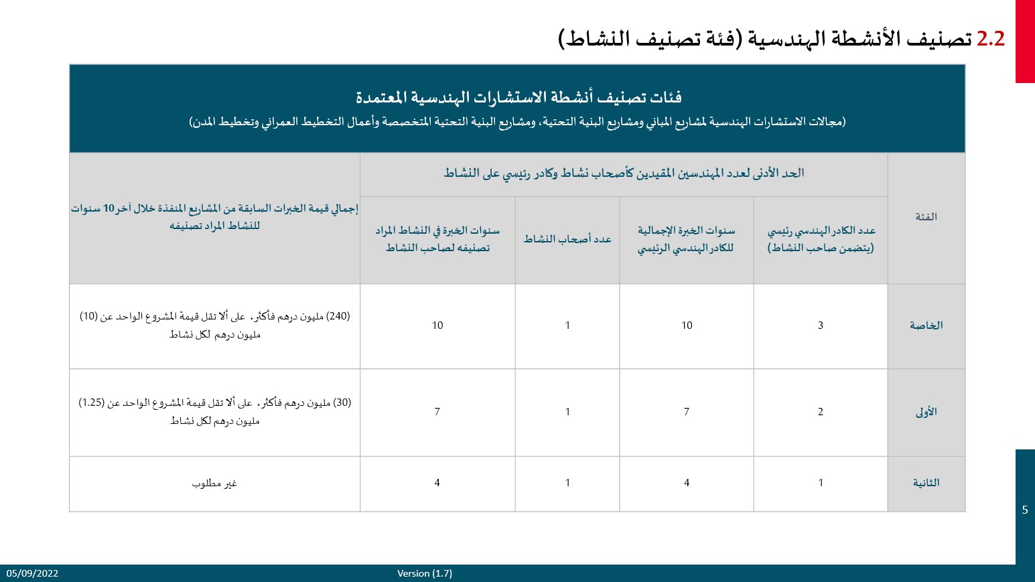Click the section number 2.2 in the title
coord(991,39)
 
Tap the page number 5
coord(1025,510)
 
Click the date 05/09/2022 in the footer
coord(32,573)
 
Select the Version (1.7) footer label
coord(425,573)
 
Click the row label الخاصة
coord(926,325)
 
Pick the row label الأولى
coord(926,412)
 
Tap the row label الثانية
coord(926,483)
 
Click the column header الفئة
coord(926,217)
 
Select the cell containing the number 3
coord(820,325)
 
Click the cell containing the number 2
coord(820,412)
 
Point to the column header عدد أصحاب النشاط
coord(567,239)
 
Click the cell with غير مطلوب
coord(214,484)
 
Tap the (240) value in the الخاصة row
coord(338,316)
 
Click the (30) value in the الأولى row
coord(342,403)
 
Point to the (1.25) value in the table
coord(91,403)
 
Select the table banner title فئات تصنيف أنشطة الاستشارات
coord(519,98)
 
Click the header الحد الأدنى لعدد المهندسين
coord(624,173)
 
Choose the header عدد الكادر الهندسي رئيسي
coord(821,231)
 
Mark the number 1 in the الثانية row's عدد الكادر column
coord(820,483)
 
